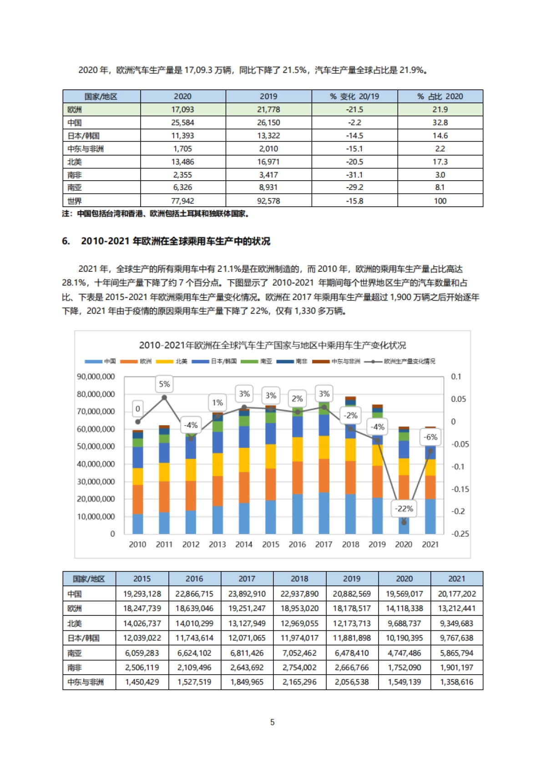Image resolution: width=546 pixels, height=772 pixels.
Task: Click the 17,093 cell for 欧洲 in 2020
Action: coord(182,110)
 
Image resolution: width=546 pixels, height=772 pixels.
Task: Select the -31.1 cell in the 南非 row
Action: coord(354,175)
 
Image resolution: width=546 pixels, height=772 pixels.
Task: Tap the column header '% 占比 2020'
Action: coord(440,96)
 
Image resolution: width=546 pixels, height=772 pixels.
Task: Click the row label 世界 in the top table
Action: coord(75,201)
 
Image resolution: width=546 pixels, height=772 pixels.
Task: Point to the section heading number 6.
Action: coord(66,241)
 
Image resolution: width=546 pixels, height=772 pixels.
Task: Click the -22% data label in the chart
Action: coord(404,508)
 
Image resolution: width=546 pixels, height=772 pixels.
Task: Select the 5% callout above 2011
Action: coord(164,384)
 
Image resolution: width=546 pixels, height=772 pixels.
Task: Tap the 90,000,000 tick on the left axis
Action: coord(96,376)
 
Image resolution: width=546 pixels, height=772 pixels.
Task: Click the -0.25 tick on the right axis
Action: coord(460,534)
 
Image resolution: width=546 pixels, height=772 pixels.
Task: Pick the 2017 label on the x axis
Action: coord(324,544)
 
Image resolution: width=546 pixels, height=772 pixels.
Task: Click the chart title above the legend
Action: coord(272,345)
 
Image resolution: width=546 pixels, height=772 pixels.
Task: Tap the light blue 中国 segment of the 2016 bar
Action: coord(297,514)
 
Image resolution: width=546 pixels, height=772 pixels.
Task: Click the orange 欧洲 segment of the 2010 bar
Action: coord(138,499)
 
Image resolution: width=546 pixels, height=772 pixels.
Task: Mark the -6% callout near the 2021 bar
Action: coord(430,437)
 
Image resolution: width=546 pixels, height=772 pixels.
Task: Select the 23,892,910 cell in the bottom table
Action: coord(247,594)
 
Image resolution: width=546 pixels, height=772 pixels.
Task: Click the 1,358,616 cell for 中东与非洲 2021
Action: coord(456,682)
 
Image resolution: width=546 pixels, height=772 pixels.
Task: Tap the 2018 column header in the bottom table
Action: coord(299,579)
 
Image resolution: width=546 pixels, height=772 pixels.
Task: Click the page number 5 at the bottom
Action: coord(272,722)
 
